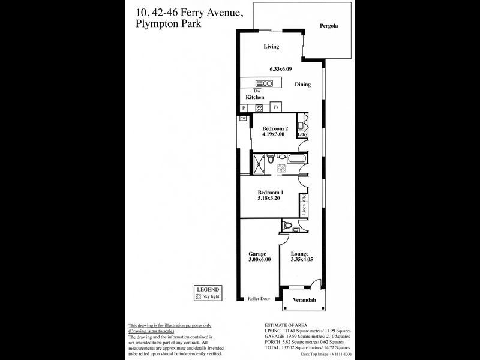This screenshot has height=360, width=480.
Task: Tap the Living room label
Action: [x=272, y=46]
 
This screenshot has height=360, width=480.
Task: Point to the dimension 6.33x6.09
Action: [x=281, y=69]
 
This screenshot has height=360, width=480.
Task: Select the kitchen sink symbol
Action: [x=263, y=83]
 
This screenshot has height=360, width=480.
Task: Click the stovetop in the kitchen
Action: [x=260, y=108]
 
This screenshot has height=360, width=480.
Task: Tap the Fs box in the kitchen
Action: [x=276, y=107]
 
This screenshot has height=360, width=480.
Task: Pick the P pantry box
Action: [x=244, y=108]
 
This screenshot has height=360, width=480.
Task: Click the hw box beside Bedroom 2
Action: [x=243, y=119]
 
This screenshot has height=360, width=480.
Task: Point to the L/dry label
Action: [x=302, y=134]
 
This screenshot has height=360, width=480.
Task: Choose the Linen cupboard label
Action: [x=305, y=210]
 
